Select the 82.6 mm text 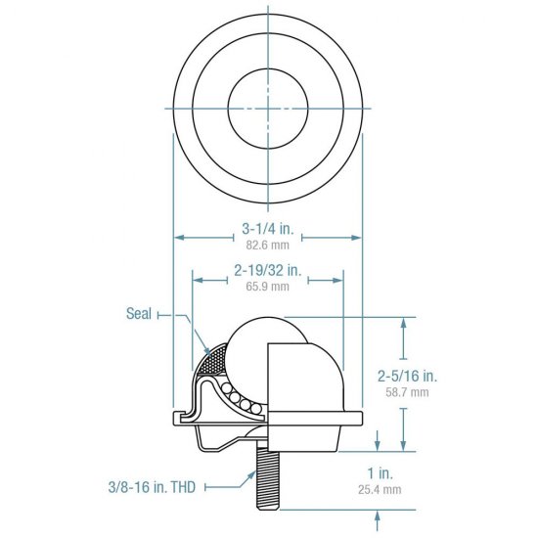pos(267,247)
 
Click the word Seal pos(139,314)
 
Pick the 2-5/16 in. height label pos(406,377)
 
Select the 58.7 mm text pos(406,391)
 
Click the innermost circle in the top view pos(266,105)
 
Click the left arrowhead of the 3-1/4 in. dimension pos(177,236)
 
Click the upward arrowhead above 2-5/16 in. pos(405,322)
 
